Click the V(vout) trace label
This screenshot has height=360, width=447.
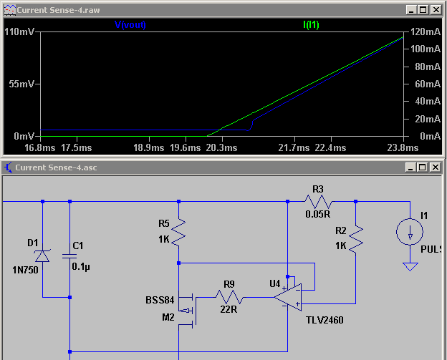click(x=130, y=24)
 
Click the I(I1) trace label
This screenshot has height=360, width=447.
click(x=312, y=24)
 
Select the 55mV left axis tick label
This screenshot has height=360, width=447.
click(x=21, y=84)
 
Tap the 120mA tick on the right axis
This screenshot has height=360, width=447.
click(x=425, y=32)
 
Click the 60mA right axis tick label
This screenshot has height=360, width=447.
click(x=428, y=84)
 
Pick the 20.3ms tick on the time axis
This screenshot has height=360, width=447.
click(x=220, y=148)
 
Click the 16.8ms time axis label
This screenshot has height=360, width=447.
click(x=39, y=148)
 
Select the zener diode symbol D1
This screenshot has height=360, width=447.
click(x=42, y=254)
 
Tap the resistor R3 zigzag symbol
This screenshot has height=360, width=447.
click(x=318, y=202)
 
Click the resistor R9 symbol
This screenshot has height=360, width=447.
click(x=229, y=297)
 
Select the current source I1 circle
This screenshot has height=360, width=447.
click(x=410, y=232)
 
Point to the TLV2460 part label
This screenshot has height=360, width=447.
click(x=324, y=320)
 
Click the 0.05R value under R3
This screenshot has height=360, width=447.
click(x=318, y=214)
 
